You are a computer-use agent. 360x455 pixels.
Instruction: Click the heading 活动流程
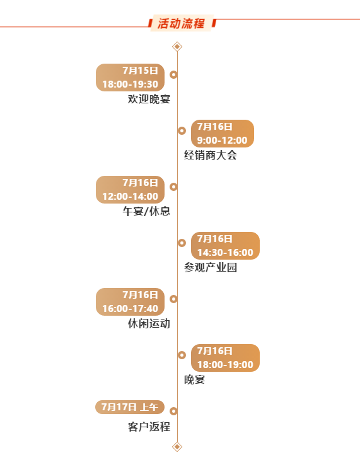click(181, 23)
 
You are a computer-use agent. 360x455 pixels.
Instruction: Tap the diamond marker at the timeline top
click(177, 47)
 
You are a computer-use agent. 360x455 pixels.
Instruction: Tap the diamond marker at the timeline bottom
click(177, 447)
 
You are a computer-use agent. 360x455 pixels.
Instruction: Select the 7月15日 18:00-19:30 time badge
click(130, 78)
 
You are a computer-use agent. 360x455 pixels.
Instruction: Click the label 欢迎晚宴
click(149, 99)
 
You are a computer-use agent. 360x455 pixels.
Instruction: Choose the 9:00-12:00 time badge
click(223, 134)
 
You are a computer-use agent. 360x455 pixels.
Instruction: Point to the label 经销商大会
click(211, 155)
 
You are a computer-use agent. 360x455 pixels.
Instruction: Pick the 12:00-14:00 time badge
click(130, 190)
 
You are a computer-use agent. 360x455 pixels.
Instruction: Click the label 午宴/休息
click(146, 211)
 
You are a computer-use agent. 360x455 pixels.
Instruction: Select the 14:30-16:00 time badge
click(225, 246)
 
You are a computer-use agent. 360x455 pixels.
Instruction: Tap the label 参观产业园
click(211, 267)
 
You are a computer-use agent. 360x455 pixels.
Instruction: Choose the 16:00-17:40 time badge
click(130, 302)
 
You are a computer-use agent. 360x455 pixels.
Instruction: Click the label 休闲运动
click(149, 323)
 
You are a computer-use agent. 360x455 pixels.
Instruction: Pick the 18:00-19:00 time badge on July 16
click(225, 358)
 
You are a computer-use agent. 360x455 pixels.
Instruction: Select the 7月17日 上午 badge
click(130, 407)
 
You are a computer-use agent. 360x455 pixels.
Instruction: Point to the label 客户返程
click(149, 427)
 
